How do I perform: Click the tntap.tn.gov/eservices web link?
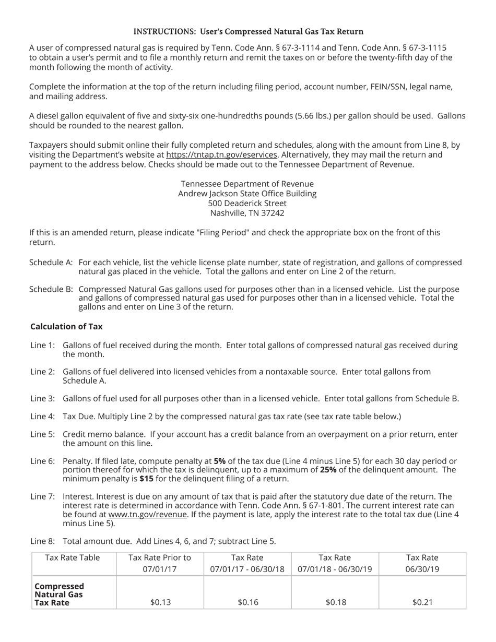221,155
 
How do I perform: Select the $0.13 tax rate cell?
160,602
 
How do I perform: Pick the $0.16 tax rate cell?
247,602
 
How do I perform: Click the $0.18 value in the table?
335,602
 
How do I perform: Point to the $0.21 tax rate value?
422,602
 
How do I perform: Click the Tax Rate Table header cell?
73,557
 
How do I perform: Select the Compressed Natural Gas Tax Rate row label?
59,594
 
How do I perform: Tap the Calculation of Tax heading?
66,327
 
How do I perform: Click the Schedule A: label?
51,263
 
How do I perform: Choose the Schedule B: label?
51,289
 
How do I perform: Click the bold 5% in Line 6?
219,461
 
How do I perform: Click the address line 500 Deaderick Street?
247,203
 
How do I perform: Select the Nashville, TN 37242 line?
247,213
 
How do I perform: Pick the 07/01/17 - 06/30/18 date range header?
247,569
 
